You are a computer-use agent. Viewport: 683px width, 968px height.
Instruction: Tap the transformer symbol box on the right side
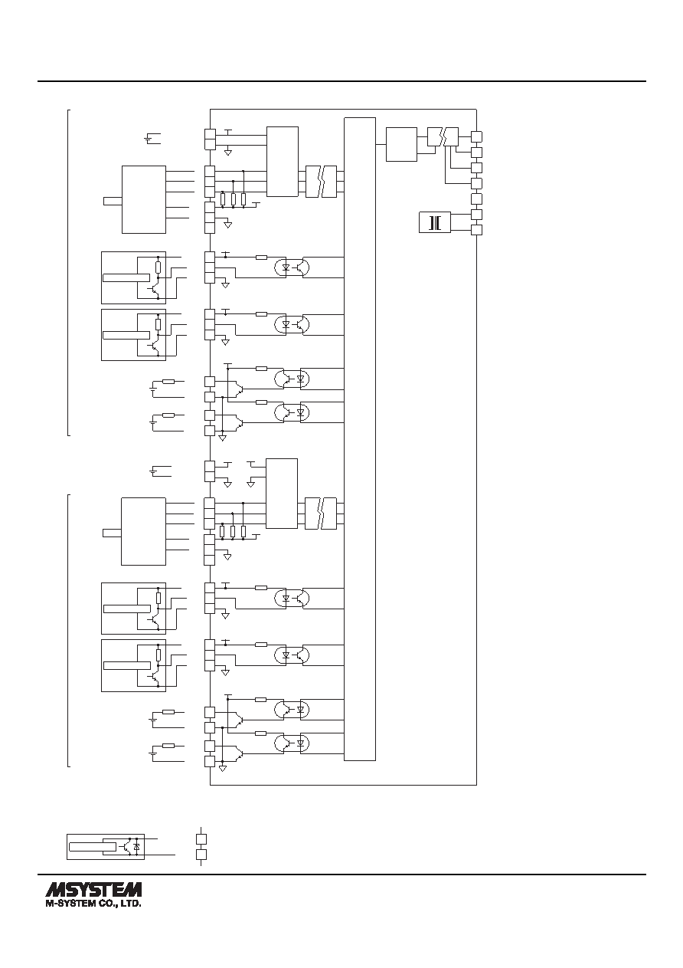[x=435, y=222]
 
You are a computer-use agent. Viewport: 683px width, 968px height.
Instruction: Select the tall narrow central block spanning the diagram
[x=360, y=439]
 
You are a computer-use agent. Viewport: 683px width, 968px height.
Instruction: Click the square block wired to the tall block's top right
[x=401, y=144]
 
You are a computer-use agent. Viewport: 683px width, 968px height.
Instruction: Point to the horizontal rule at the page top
[x=341, y=80]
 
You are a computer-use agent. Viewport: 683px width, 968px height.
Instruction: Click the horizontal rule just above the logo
[x=341, y=874]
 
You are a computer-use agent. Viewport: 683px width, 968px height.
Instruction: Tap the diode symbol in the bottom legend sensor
[x=137, y=847]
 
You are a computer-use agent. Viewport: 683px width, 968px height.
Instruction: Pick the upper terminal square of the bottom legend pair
[x=201, y=839]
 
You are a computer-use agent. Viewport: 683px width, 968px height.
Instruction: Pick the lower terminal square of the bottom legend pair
[x=201, y=855]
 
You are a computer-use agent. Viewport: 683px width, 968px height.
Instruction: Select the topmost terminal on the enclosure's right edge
[x=476, y=136]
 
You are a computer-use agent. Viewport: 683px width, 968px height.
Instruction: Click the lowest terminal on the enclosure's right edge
[x=476, y=230]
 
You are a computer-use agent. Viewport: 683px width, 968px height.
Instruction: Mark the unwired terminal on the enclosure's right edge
[x=476, y=199]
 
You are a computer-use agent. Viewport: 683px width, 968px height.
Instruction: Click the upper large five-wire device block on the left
[x=144, y=199]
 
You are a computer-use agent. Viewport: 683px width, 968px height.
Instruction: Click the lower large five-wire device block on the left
[x=143, y=532]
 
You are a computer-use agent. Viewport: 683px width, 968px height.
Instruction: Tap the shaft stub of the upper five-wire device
[x=113, y=201]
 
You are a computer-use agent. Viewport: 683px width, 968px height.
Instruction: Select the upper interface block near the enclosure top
[x=283, y=162]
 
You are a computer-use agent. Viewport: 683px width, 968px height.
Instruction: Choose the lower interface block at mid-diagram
[x=282, y=494]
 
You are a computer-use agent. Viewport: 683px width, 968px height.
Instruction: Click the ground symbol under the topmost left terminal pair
[x=228, y=153]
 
